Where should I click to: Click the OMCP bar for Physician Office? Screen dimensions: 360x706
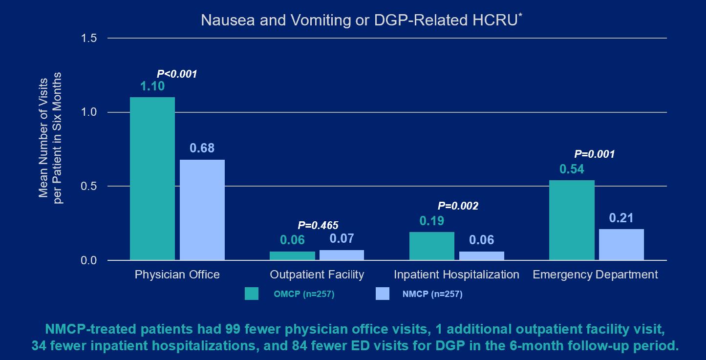pyautogui.click(x=152, y=178)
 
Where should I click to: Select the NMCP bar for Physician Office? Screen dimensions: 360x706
pyautogui.click(x=202, y=210)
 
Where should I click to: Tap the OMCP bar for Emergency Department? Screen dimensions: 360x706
pyautogui.click(x=572, y=220)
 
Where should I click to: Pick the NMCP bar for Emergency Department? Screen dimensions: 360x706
pyautogui.click(x=621, y=244)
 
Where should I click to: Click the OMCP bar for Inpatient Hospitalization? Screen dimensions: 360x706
pyautogui.click(x=432, y=246)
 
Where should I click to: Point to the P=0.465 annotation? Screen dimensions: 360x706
pyautogui.click(x=318, y=225)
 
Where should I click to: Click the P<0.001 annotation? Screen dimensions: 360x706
pyautogui.click(x=176, y=74)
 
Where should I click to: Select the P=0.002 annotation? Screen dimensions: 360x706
pyautogui.click(x=458, y=206)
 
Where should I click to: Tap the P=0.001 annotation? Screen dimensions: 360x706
pyautogui.click(x=594, y=154)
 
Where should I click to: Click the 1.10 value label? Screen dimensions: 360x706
pyautogui.click(x=152, y=87)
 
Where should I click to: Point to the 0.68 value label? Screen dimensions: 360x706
pyautogui.click(x=202, y=148)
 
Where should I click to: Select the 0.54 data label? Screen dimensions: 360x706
pyautogui.click(x=572, y=169)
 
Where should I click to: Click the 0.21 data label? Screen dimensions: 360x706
pyautogui.click(x=621, y=218)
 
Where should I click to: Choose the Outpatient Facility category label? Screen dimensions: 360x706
pyautogui.click(x=317, y=275)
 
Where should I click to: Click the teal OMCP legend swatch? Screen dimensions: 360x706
pyautogui.click(x=252, y=294)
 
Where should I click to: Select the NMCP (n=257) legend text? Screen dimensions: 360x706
pyautogui.click(x=431, y=294)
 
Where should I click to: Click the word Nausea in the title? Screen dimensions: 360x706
pyautogui.click(x=221, y=21)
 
